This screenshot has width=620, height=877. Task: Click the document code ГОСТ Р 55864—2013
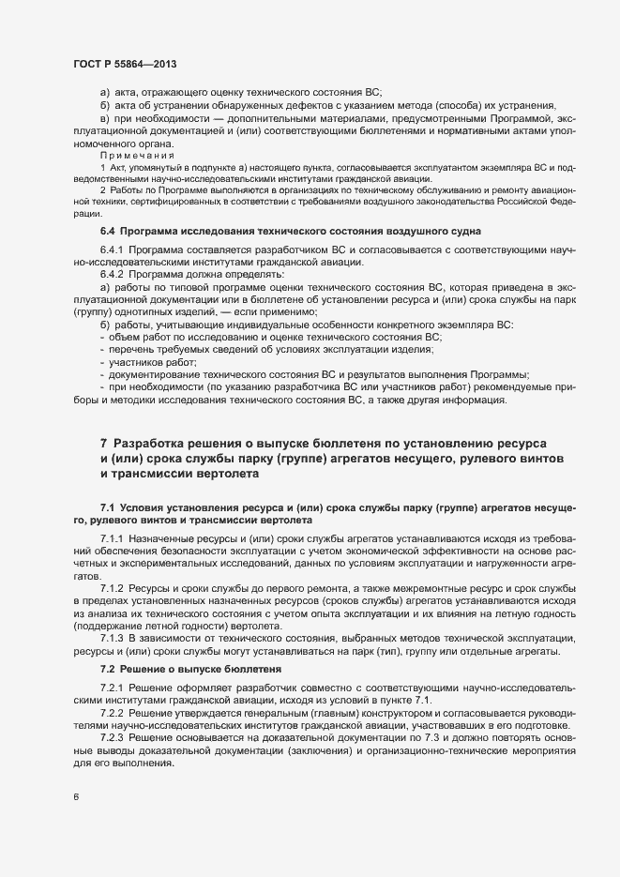tap(125, 64)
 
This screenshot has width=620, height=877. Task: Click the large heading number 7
tap(103, 443)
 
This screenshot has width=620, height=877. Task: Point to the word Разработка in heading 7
tap(157, 443)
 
